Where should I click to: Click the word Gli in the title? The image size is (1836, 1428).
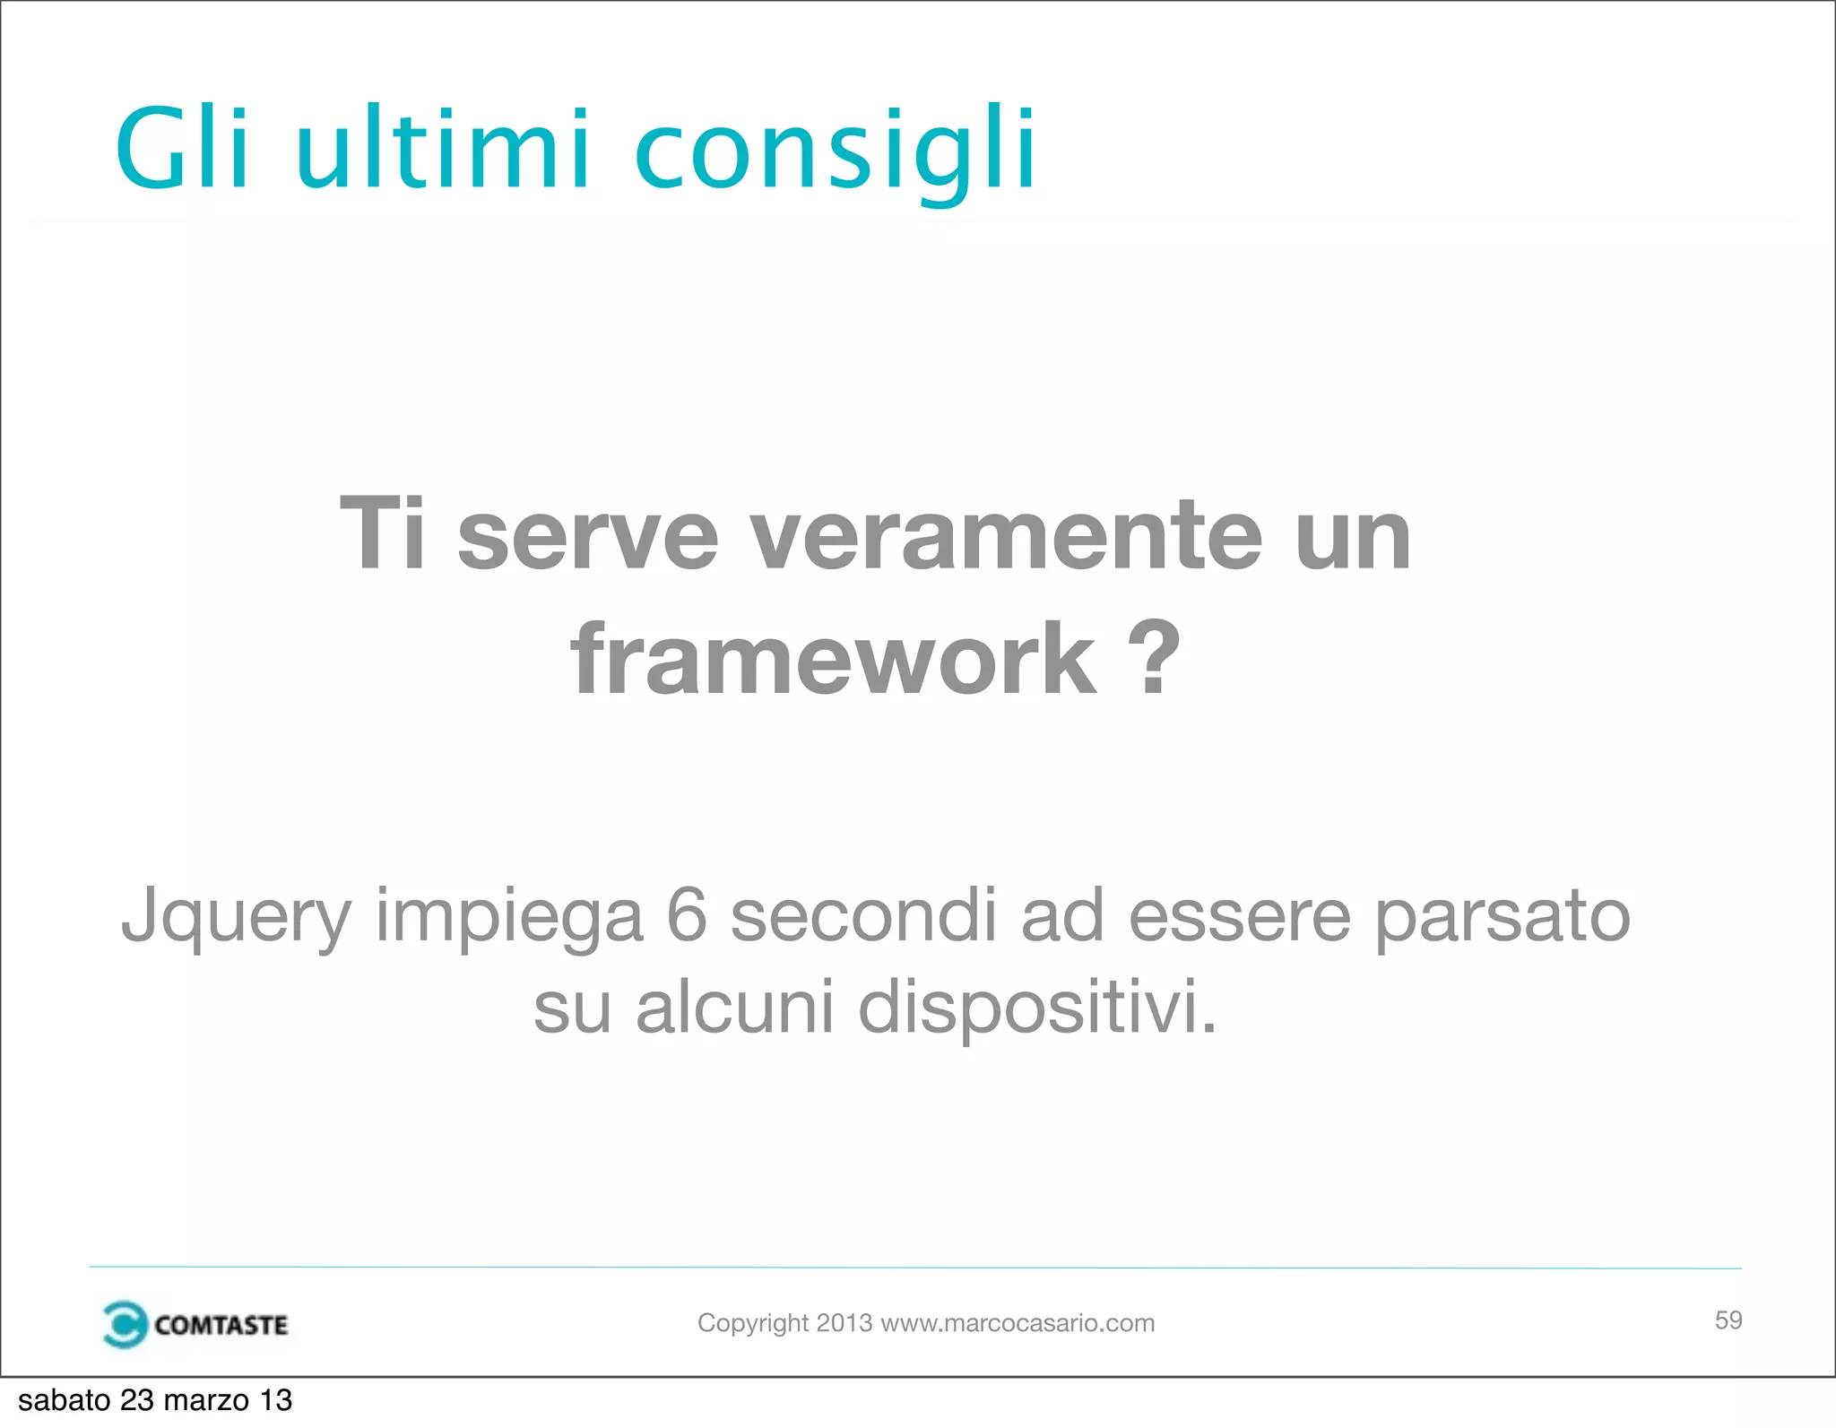click(183, 148)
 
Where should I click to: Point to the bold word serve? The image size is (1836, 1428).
click(588, 536)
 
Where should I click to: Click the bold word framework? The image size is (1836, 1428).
click(833, 660)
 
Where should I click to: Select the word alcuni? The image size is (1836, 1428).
click(735, 1006)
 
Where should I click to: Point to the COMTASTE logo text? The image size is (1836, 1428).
click(221, 1325)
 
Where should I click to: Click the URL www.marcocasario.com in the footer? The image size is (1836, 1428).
click(1018, 1323)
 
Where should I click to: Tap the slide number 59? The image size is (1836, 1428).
click(1728, 1320)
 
